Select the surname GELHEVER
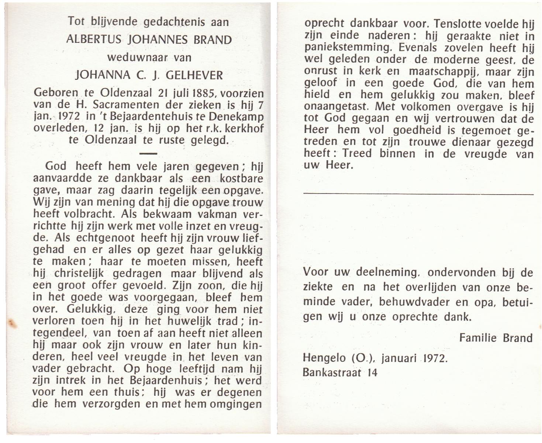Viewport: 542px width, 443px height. (x=194, y=75)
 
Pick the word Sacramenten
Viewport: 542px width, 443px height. (x=127, y=105)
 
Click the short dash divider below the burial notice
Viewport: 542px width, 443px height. (x=149, y=153)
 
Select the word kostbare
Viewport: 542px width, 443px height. (x=241, y=179)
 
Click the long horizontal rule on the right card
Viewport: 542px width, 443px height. (x=418, y=194)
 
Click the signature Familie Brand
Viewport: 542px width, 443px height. (x=496, y=338)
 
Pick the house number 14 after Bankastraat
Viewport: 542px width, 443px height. (x=372, y=372)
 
